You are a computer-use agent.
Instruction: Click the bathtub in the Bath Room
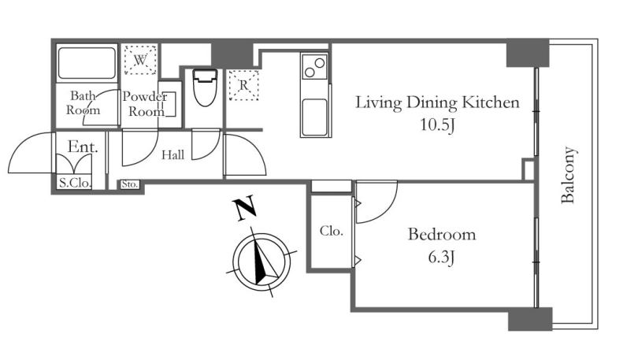tap(87, 63)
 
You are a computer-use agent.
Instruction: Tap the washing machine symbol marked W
tap(140, 60)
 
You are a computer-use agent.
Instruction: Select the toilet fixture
tap(205, 87)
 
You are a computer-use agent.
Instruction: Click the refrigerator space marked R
tap(243, 85)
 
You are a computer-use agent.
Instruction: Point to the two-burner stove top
tap(314, 67)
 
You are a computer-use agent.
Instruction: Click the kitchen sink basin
tap(314, 117)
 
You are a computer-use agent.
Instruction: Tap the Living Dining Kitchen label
tap(437, 102)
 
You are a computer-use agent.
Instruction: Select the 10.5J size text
tap(437, 124)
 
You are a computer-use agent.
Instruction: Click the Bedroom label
tap(441, 234)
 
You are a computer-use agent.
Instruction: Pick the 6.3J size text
tap(441, 257)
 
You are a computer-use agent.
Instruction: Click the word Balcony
tap(568, 175)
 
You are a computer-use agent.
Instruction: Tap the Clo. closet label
tap(331, 231)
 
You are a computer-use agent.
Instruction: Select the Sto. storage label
tap(130, 184)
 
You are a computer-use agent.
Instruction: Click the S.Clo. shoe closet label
tap(74, 183)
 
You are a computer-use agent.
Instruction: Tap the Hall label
tap(173, 155)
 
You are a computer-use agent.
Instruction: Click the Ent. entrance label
tap(83, 147)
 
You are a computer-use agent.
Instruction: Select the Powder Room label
tap(145, 104)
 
